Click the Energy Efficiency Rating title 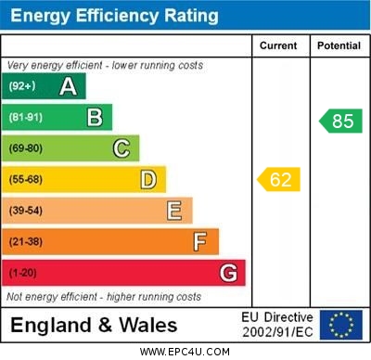click(x=114, y=16)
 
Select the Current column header click(x=278, y=45)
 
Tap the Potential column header click(x=339, y=45)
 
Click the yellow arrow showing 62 click(x=278, y=179)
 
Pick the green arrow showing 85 click(x=339, y=121)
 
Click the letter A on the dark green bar click(x=68, y=87)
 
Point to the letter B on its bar click(x=95, y=117)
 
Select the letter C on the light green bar click(x=122, y=148)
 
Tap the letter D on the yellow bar click(x=147, y=179)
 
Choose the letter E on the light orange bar click(x=174, y=211)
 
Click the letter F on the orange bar click(x=200, y=242)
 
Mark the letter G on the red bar click(x=228, y=274)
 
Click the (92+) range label click(x=22, y=87)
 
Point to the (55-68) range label click(x=26, y=179)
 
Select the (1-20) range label click(x=23, y=274)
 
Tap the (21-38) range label click(x=26, y=242)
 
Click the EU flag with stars click(x=340, y=325)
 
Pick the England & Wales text click(x=94, y=325)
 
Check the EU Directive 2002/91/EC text click(x=277, y=325)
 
